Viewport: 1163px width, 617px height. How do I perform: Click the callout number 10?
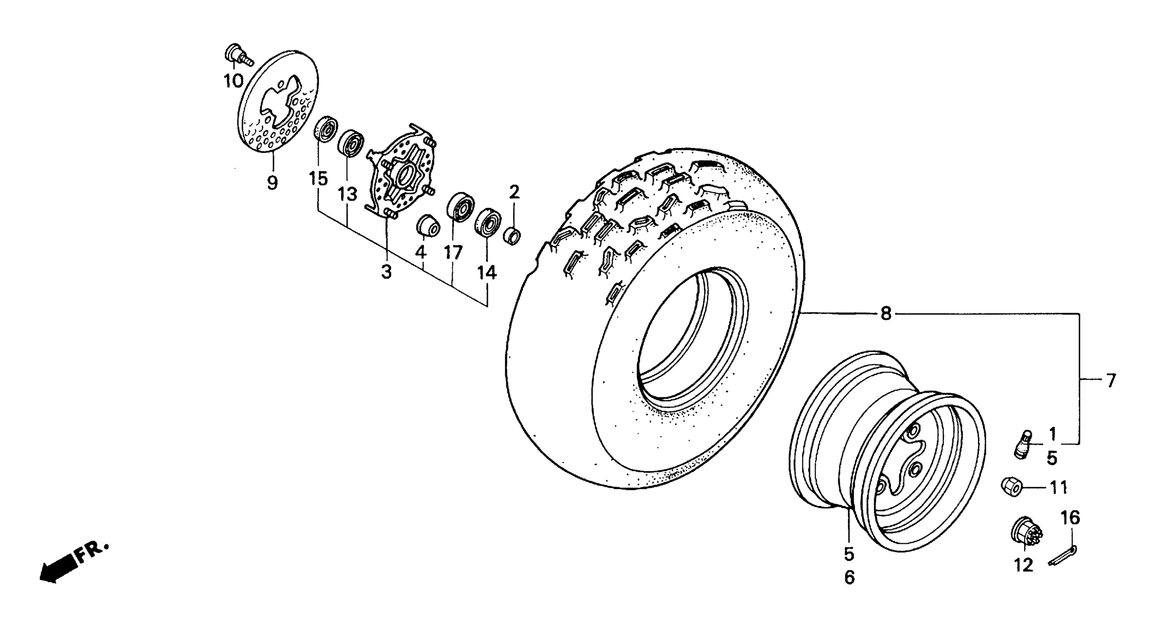[233, 81]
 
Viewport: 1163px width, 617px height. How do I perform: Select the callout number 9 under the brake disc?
[272, 183]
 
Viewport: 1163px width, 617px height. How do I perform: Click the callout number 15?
[318, 179]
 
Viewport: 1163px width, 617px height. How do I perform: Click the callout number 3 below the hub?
[386, 272]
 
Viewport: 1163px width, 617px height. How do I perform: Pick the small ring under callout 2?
[512, 236]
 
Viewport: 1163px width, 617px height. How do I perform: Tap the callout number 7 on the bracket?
[1111, 381]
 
